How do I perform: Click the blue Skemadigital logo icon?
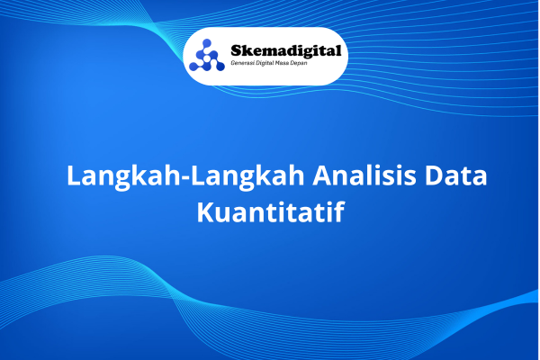click(x=207, y=56)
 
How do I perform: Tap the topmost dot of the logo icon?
click(x=207, y=43)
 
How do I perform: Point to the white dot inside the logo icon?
click(x=207, y=58)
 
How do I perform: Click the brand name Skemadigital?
click(x=286, y=51)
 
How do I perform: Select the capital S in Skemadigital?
click(x=237, y=50)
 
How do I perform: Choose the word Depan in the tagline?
click(x=299, y=63)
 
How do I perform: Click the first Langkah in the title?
click(x=123, y=176)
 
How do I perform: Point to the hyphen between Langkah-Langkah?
click(x=185, y=178)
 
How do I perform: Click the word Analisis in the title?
click(x=364, y=175)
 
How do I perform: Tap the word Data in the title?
click(x=455, y=175)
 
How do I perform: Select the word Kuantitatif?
click(x=271, y=211)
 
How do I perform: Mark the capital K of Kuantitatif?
click(x=205, y=212)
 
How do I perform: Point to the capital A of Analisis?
click(x=323, y=176)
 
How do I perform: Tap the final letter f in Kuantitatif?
click(x=339, y=211)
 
